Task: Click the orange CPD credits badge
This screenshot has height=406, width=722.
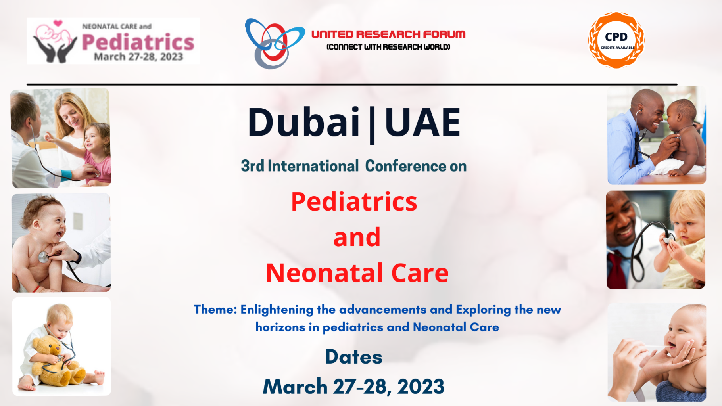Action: click(x=616, y=40)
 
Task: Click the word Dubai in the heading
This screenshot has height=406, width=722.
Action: click(x=303, y=123)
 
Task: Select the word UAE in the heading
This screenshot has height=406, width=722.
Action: click(x=422, y=123)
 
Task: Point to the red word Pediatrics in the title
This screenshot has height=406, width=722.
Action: click(x=354, y=202)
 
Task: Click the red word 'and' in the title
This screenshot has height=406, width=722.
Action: click(x=357, y=237)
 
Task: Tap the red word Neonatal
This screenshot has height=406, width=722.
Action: click(x=325, y=273)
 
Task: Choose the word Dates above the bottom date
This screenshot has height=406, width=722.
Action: click(x=354, y=357)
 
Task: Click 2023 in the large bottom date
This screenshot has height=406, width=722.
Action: click(x=421, y=387)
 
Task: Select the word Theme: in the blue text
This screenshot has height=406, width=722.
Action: click(x=215, y=309)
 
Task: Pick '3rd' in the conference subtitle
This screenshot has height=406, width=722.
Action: click(x=252, y=166)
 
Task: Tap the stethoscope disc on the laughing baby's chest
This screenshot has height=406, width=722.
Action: click(x=43, y=257)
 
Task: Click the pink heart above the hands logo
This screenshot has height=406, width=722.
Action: click(x=58, y=23)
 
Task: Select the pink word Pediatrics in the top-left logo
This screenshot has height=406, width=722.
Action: click(x=138, y=42)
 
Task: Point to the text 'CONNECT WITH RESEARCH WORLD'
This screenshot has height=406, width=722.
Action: click(x=388, y=47)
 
